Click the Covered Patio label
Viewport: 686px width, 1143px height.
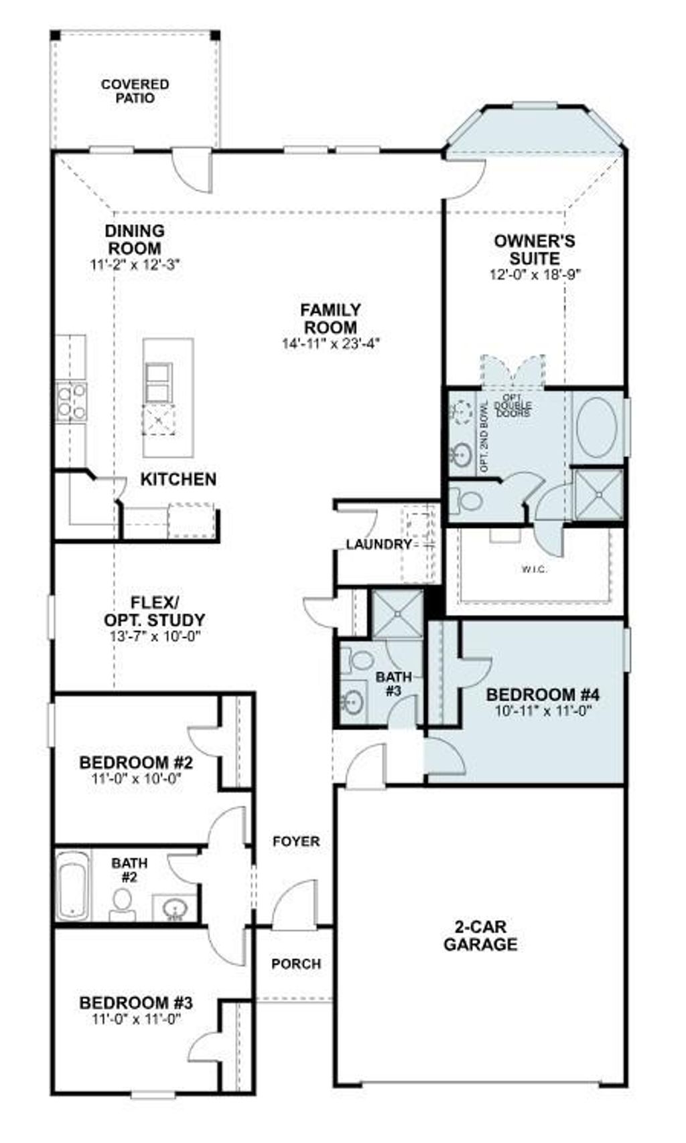[x=135, y=92]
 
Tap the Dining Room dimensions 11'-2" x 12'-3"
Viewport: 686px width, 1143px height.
[x=135, y=264]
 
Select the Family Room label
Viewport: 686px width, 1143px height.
[x=330, y=319]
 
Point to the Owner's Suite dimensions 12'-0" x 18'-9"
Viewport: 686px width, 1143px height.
[x=534, y=274]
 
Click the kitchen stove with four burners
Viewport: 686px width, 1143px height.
[x=71, y=400]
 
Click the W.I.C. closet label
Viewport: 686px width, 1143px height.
[x=535, y=569]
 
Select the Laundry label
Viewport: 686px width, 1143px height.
[x=379, y=545]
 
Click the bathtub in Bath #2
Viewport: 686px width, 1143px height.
[x=71, y=885]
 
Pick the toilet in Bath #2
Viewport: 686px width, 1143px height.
[x=123, y=903]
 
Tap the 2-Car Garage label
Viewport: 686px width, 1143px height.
[x=480, y=936]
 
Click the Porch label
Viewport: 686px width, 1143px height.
[x=295, y=964]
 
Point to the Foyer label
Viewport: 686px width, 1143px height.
[x=295, y=841]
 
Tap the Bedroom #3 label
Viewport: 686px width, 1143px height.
[x=136, y=1003]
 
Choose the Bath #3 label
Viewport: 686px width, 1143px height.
[x=393, y=683]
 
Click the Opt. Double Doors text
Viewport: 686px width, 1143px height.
[x=513, y=406]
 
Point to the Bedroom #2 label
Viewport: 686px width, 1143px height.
[x=136, y=762]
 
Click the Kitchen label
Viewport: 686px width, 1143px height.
[x=178, y=479]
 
